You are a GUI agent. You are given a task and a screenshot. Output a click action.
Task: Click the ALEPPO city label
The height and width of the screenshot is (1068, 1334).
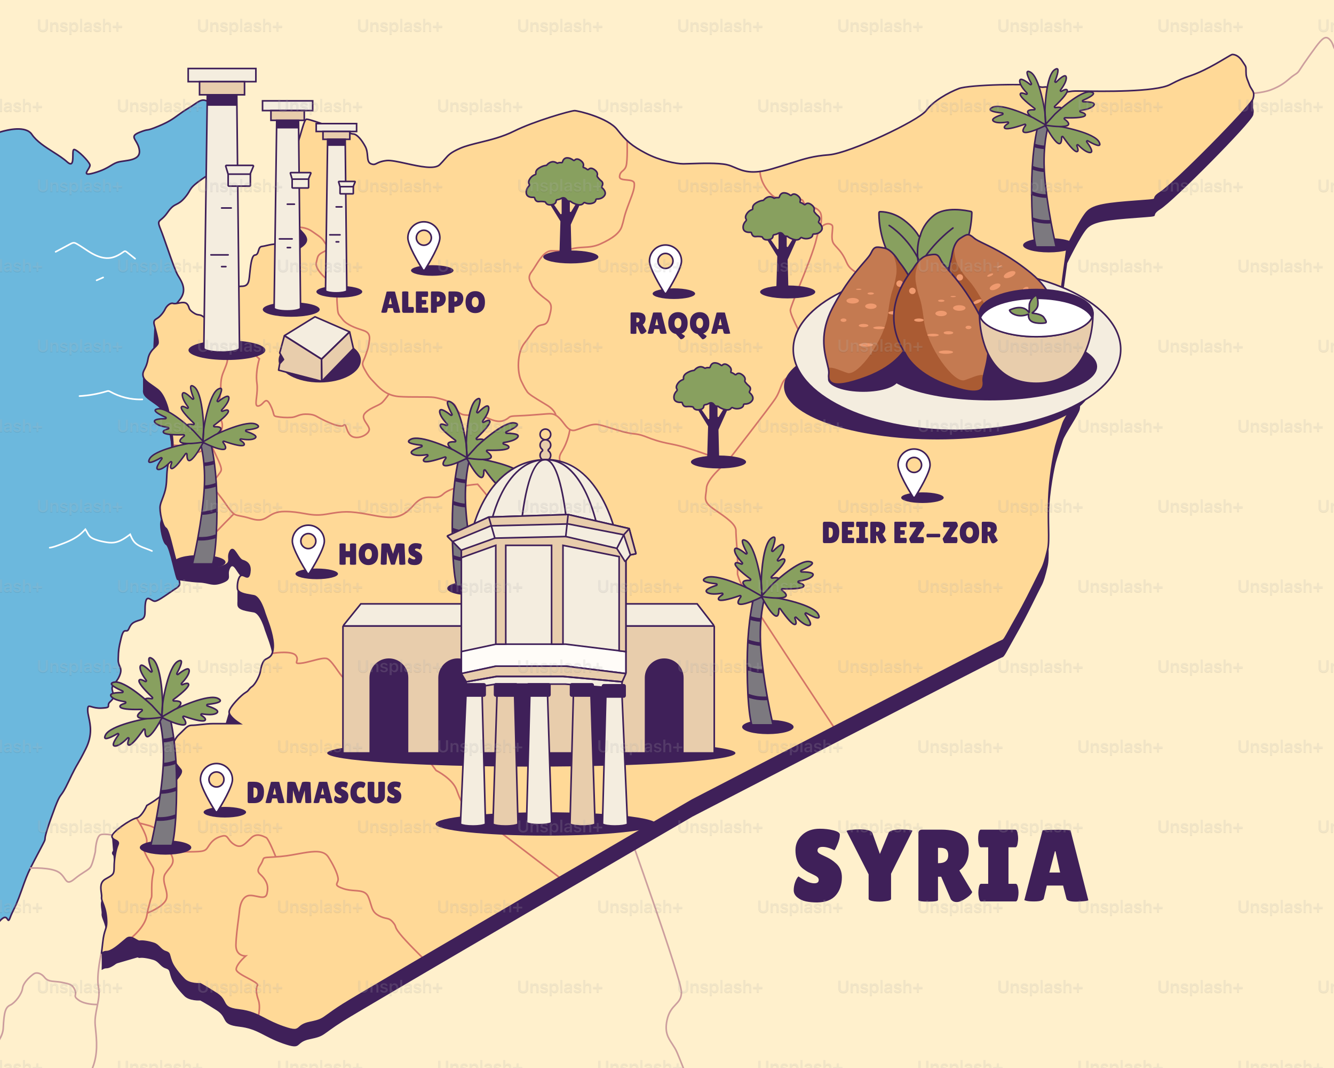point(433,303)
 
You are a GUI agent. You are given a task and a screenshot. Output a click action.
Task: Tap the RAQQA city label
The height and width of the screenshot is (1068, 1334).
point(679,324)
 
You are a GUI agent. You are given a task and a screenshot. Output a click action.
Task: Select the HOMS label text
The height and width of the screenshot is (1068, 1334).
point(380,554)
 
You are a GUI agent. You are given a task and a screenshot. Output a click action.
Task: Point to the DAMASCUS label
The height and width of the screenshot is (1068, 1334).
point(323,792)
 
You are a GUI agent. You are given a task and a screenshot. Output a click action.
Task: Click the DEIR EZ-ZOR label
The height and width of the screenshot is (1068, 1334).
point(909,533)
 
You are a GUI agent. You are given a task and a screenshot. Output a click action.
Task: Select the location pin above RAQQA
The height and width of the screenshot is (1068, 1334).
point(665,267)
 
